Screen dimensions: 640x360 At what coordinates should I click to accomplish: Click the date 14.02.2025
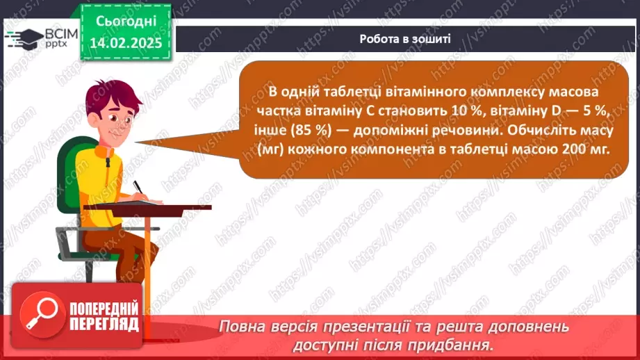tap(126, 43)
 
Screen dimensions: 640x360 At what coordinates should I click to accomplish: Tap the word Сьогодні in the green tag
tap(126, 22)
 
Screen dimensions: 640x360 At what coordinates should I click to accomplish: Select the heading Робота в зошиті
tap(405, 39)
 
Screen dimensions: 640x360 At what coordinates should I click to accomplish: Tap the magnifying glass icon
tap(42, 314)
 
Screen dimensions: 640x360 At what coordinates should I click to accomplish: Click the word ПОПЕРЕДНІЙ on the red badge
tap(104, 309)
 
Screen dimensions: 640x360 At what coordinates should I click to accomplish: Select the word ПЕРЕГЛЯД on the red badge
tap(104, 325)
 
